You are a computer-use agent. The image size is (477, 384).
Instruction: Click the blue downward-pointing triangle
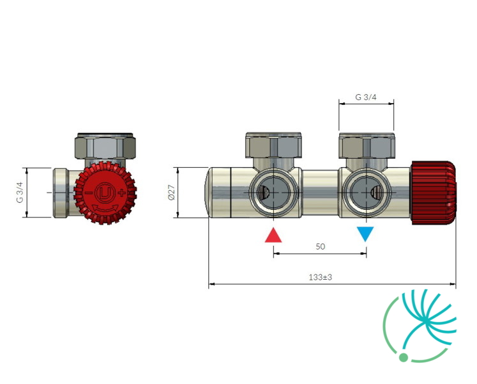[365, 233]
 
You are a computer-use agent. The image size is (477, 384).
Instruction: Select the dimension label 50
[321, 246]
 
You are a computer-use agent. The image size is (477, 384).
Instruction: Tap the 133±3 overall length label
[321, 277]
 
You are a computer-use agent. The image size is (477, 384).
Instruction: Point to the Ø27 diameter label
[172, 192]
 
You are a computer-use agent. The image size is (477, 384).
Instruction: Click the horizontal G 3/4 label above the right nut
[366, 97]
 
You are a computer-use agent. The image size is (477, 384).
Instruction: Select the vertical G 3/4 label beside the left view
[20, 192]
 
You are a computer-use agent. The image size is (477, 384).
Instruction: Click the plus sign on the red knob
[122, 193]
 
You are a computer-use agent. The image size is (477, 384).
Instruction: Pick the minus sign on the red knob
[88, 193]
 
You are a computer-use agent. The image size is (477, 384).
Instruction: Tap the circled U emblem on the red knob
[105, 193]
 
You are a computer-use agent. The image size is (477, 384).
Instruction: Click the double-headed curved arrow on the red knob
[105, 209]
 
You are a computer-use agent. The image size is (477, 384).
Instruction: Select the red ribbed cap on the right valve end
[434, 193]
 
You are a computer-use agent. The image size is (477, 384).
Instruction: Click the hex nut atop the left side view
[105, 146]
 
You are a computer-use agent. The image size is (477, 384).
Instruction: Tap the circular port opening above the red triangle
[273, 193]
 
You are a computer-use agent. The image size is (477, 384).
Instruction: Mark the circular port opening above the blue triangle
[367, 193]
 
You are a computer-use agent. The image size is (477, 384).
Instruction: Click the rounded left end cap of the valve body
[218, 193]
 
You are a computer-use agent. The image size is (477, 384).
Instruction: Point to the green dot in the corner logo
[404, 357]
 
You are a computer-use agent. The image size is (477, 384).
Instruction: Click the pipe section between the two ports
[320, 193]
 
